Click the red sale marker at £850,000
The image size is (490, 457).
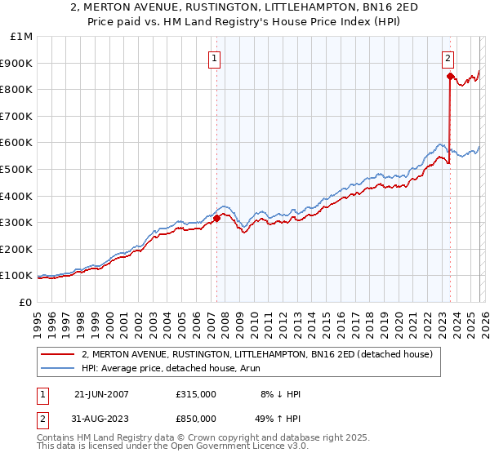point(450,76)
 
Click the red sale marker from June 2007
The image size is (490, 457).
point(216,218)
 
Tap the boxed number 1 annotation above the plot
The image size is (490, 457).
point(214,57)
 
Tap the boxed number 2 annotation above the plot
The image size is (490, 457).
point(448,57)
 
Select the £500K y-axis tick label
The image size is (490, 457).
point(16,169)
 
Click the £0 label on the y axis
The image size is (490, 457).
point(25,302)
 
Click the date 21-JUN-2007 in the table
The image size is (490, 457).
point(101,394)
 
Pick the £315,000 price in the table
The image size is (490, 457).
point(196,394)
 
